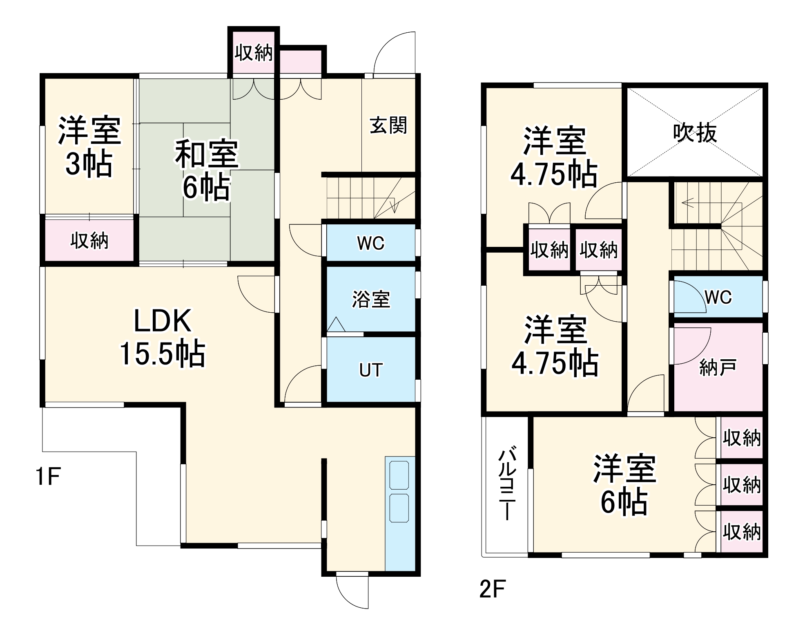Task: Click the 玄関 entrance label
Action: pyautogui.click(x=388, y=125)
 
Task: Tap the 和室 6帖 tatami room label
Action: pyautogui.click(x=206, y=170)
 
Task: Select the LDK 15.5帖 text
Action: pyautogui.click(x=163, y=337)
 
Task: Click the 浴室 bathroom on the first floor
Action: pyautogui.click(x=371, y=299)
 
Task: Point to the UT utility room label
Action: pyautogui.click(x=371, y=370)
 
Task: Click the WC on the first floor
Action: pyautogui.click(x=371, y=243)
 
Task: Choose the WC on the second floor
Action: pyautogui.click(x=718, y=297)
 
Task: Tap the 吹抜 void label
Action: pyautogui.click(x=695, y=133)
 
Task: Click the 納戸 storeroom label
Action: pyautogui.click(x=718, y=367)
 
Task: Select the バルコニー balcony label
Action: pyautogui.click(x=507, y=484)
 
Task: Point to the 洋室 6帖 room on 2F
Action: pyautogui.click(x=624, y=484)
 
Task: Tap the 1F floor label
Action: pyautogui.click(x=48, y=477)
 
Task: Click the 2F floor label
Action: pyautogui.click(x=492, y=589)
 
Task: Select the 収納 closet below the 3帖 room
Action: pyautogui.click(x=89, y=241)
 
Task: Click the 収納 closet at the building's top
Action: pyautogui.click(x=254, y=53)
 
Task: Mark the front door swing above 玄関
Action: pyautogui.click(x=395, y=53)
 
